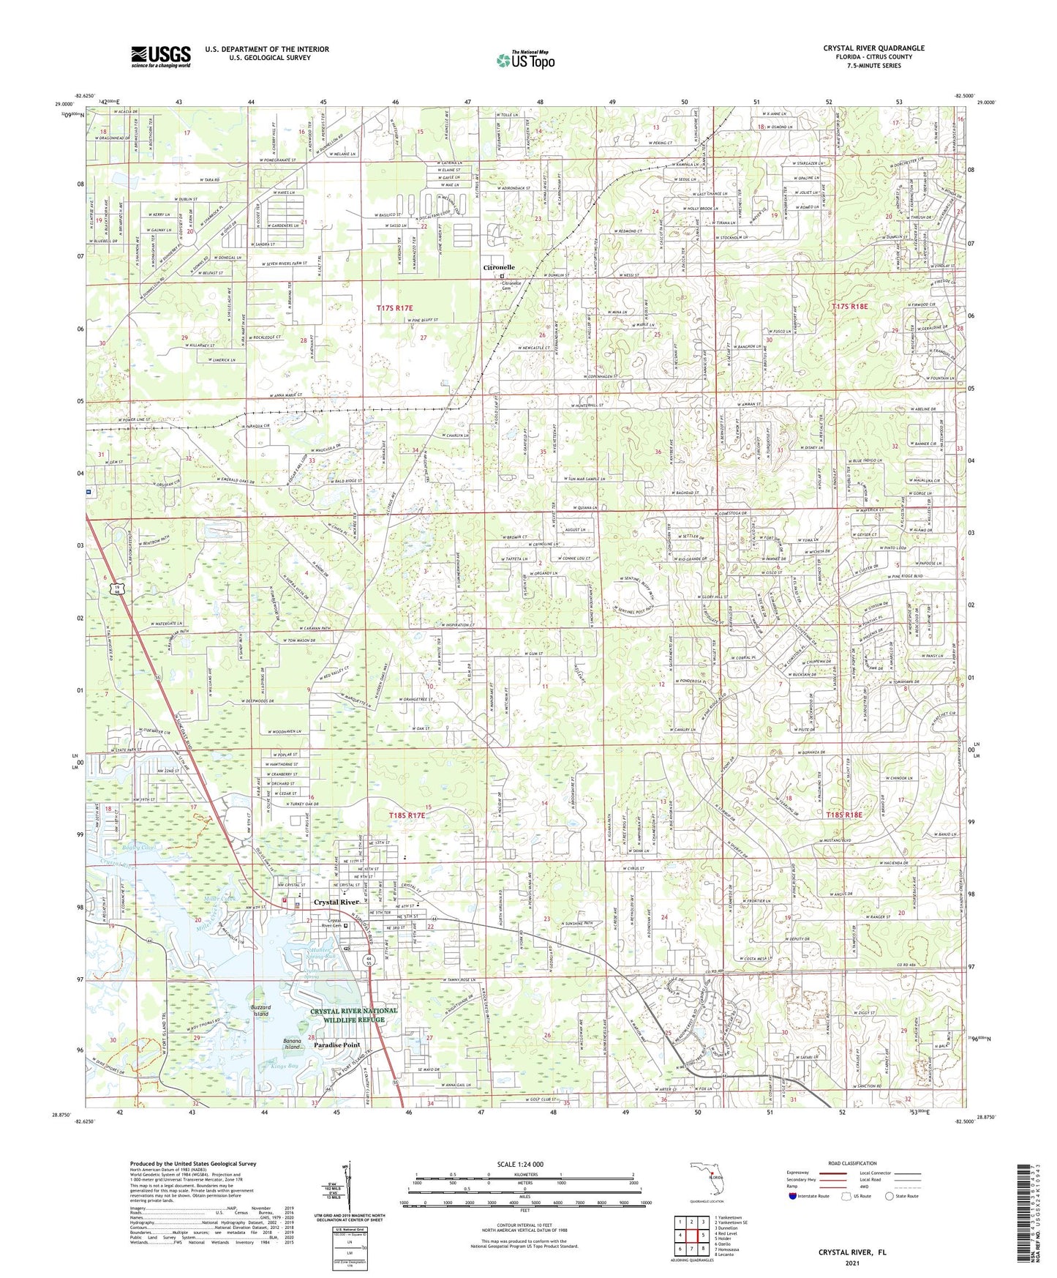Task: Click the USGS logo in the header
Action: [x=161, y=56]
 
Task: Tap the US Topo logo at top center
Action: [x=524, y=60]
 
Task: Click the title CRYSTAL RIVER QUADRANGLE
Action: [x=873, y=48]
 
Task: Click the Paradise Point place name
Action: [x=337, y=1045]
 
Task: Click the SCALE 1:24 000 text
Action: [x=524, y=1166]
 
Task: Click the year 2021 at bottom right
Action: [x=851, y=1263]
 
